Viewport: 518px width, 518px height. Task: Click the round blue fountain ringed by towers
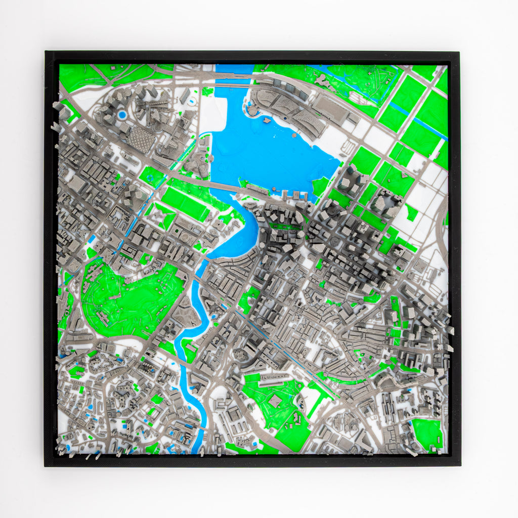pyautogui.click(x=122, y=115)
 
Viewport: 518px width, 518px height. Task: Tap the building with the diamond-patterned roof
pyautogui.click(x=141, y=139)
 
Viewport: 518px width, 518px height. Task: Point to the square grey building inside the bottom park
pyautogui.click(x=276, y=401)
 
